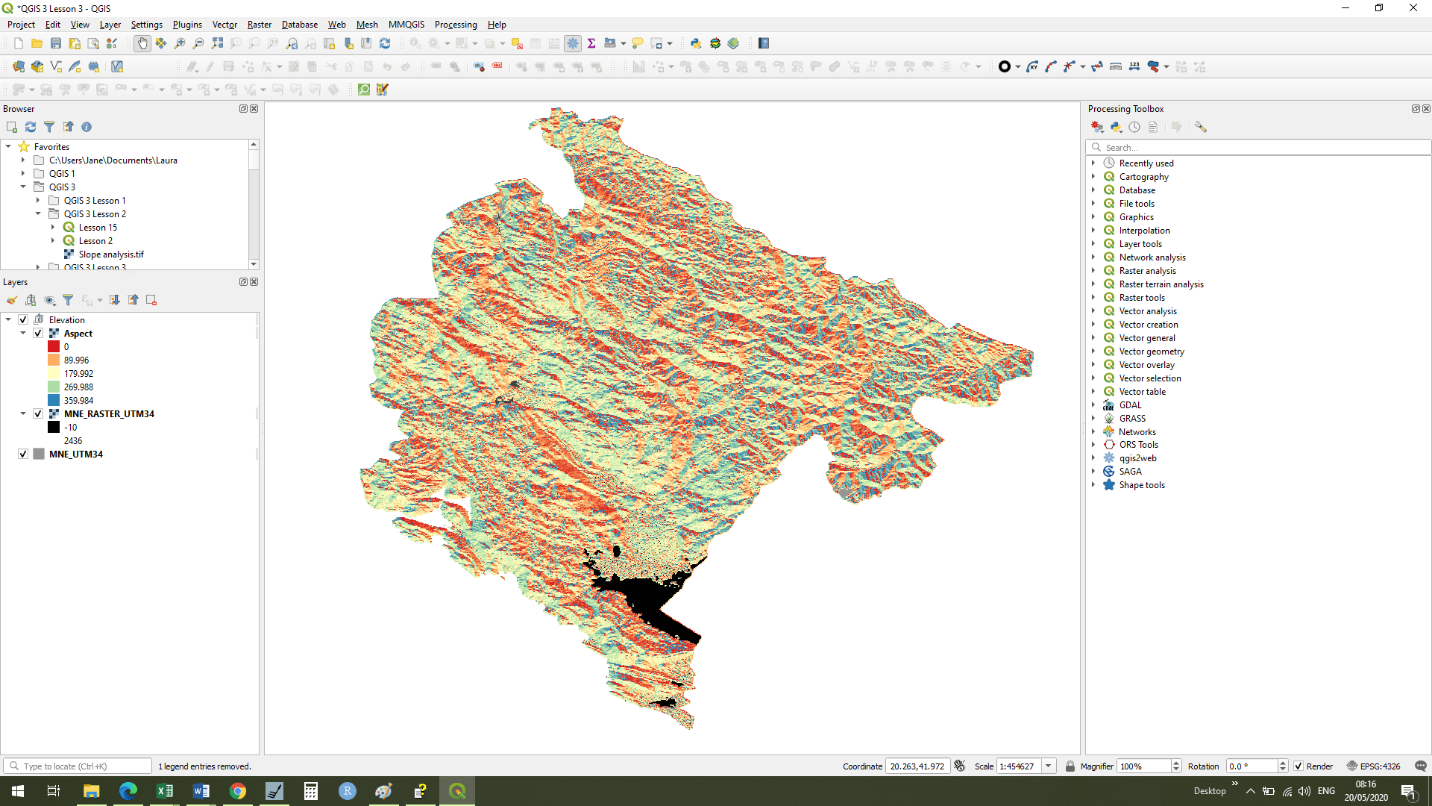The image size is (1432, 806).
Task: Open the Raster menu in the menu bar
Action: [259, 25]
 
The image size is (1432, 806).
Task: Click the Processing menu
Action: [455, 25]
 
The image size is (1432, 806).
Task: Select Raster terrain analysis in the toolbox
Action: [1161, 284]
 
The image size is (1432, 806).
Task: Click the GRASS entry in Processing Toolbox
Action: [1131, 419]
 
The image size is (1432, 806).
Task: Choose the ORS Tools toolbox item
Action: [1138, 445]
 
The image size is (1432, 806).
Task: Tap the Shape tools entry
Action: [1141, 485]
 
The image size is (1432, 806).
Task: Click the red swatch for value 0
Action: [54, 347]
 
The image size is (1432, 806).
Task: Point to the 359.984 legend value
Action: [78, 401]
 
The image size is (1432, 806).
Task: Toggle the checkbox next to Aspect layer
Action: [38, 334]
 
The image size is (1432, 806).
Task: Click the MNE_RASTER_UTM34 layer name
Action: [109, 414]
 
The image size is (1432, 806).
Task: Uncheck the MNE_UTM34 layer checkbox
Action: [23, 454]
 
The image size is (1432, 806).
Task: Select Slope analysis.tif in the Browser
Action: [111, 254]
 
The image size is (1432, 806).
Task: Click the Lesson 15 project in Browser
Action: [98, 228]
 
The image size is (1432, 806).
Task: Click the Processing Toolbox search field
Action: [1260, 148]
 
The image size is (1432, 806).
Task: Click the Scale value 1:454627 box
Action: [1018, 766]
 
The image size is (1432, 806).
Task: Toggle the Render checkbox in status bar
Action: [1298, 766]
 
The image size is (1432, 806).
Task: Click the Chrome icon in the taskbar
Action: [238, 791]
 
